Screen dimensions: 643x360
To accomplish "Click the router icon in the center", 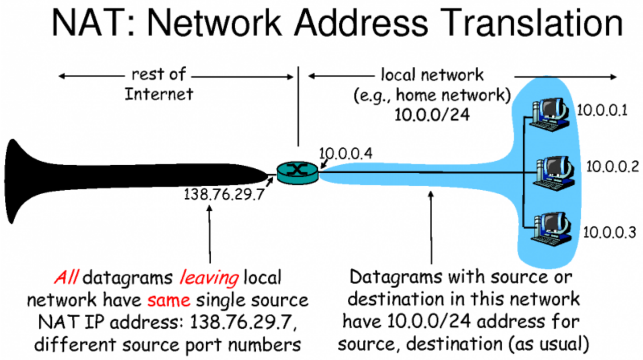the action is [x=297, y=173].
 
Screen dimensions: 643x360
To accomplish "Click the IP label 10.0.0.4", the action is [x=345, y=153].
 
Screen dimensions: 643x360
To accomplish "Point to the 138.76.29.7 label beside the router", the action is [x=224, y=194].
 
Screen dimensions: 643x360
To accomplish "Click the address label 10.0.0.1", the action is [x=602, y=110].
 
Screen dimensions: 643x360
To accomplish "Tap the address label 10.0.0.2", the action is [x=613, y=167].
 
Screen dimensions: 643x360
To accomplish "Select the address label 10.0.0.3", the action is [x=609, y=232].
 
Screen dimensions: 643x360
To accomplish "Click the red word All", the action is [x=66, y=277].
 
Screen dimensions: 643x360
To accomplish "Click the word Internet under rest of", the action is [x=159, y=94].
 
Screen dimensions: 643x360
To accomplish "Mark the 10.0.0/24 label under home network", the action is [x=432, y=115].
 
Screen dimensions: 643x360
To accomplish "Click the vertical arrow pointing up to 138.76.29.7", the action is [x=210, y=234].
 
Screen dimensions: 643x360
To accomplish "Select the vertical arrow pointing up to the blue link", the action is [x=431, y=227].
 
